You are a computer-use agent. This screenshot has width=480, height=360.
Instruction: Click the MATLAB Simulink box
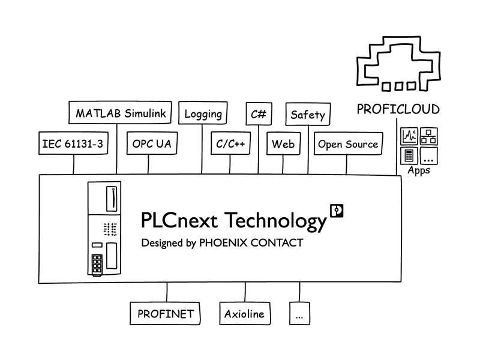[x=120, y=112]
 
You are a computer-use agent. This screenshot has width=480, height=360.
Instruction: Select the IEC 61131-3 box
[x=73, y=143]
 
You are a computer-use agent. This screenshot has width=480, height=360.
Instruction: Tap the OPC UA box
[x=152, y=143]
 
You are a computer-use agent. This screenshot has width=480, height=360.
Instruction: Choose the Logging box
[x=203, y=113]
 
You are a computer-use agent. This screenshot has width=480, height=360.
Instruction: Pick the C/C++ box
[x=230, y=143]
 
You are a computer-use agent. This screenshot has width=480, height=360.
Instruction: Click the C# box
[x=259, y=114]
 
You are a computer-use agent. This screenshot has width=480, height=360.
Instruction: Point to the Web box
[x=283, y=143]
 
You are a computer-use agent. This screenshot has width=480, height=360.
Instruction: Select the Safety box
[x=308, y=114]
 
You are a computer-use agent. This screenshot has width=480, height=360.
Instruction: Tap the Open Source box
[x=349, y=143]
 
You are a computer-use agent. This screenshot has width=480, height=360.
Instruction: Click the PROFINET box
[x=165, y=313]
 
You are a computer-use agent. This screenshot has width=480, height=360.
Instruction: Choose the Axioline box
[x=245, y=313]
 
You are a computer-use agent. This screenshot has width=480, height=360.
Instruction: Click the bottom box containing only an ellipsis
[x=299, y=313]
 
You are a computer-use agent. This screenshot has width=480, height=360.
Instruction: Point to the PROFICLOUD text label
[x=398, y=109]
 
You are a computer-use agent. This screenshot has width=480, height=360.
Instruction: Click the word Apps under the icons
[x=419, y=170]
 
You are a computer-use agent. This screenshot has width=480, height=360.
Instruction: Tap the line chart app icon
[x=409, y=136]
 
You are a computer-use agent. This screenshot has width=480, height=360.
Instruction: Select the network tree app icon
[x=428, y=136]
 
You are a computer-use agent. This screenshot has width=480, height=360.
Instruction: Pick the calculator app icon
[x=409, y=156]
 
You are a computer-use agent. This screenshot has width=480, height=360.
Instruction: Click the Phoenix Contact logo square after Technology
[x=337, y=211]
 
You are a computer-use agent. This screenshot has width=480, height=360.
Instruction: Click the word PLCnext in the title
[x=179, y=220]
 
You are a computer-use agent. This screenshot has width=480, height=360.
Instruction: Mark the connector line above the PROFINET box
[x=167, y=292]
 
